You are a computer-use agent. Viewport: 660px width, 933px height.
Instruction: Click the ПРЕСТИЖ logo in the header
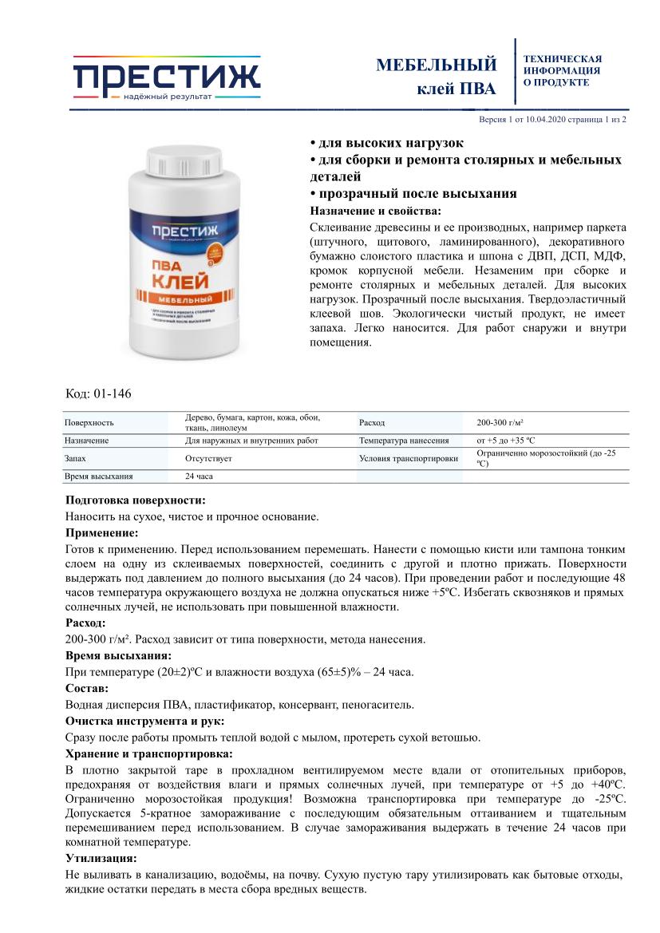167,77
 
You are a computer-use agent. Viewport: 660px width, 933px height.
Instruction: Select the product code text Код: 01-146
97,394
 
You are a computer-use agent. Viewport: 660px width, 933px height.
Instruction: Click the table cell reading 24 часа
200,476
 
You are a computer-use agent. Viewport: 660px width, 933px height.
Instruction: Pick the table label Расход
372,422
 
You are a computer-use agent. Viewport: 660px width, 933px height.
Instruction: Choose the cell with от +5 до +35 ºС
506,441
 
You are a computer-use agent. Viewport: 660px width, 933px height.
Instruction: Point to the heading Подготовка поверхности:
135,500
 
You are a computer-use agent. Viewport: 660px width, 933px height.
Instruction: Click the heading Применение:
101,532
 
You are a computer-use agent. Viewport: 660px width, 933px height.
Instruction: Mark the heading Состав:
87,688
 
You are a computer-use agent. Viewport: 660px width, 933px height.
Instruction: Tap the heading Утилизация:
101,859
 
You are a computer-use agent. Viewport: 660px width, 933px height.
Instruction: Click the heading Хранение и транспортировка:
148,753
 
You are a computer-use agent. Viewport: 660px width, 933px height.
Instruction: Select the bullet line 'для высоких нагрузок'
386,143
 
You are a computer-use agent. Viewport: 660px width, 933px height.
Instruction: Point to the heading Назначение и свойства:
374,211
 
